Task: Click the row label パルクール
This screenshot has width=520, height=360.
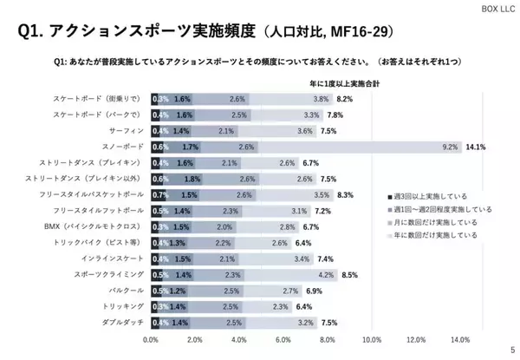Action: click(x=126, y=290)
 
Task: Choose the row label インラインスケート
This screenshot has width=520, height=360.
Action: click(x=114, y=258)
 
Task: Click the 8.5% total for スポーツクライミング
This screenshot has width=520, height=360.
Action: click(x=350, y=274)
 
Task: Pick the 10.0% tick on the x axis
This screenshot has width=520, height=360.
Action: click(x=372, y=339)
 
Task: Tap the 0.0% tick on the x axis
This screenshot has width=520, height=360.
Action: click(x=151, y=339)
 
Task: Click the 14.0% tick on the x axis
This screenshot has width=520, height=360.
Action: click(x=460, y=339)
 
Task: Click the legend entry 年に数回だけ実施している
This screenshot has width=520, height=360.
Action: click(x=436, y=234)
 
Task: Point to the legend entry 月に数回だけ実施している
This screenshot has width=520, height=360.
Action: click(x=436, y=222)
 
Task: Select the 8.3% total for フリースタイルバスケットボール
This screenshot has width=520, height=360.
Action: click(x=347, y=194)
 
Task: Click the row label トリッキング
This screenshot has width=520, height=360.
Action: click(x=124, y=305)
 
